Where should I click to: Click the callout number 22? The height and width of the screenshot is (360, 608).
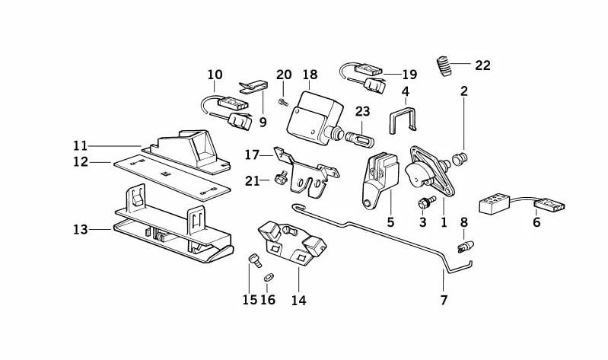tap(482, 65)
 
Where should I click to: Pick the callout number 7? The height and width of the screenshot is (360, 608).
tap(444, 300)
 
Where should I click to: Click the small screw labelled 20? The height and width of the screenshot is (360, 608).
tap(282, 101)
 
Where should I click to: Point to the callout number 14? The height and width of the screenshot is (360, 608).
tap(298, 300)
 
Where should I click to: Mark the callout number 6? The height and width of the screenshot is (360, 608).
tap(536, 224)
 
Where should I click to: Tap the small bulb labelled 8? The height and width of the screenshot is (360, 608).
tap(463, 247)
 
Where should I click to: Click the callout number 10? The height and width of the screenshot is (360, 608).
tap(215, 75)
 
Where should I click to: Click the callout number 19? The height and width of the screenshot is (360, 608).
tap(409, 75)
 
